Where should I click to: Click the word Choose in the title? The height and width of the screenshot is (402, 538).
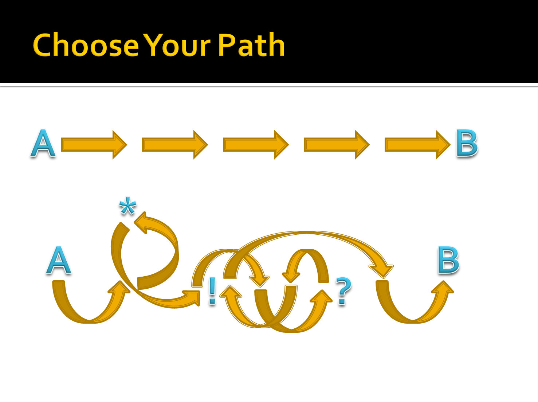tap(86, 45)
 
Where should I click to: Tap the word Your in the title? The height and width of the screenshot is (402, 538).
tap(177, 45)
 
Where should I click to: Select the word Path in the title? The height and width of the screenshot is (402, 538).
tap(251, 45)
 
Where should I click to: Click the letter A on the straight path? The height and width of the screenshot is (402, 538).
tap(43, 144)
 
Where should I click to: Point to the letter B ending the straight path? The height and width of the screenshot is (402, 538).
tap(467, 144)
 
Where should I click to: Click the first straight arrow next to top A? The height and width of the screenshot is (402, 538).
tap(94, 145)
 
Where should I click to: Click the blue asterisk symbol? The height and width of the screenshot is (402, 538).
tap(127, 207)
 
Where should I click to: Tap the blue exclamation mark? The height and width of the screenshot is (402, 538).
tap(212, 291)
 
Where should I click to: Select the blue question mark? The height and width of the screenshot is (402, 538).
tap(343, 291)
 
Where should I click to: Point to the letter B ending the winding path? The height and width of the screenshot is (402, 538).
tap(448, 259)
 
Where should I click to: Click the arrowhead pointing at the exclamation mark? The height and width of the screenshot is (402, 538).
tap(193, 297)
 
